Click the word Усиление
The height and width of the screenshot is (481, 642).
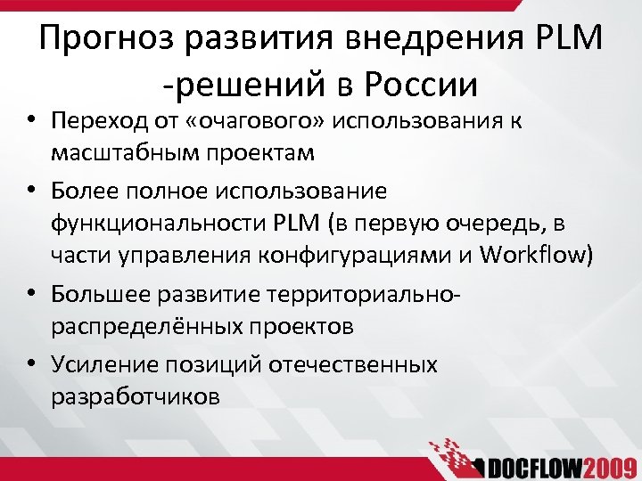click(102, 364)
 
